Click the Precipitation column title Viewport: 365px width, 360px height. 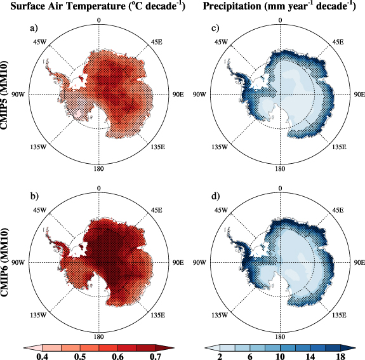click(x=275, y=7)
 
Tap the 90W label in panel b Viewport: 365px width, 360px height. click(x=18, y=262)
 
